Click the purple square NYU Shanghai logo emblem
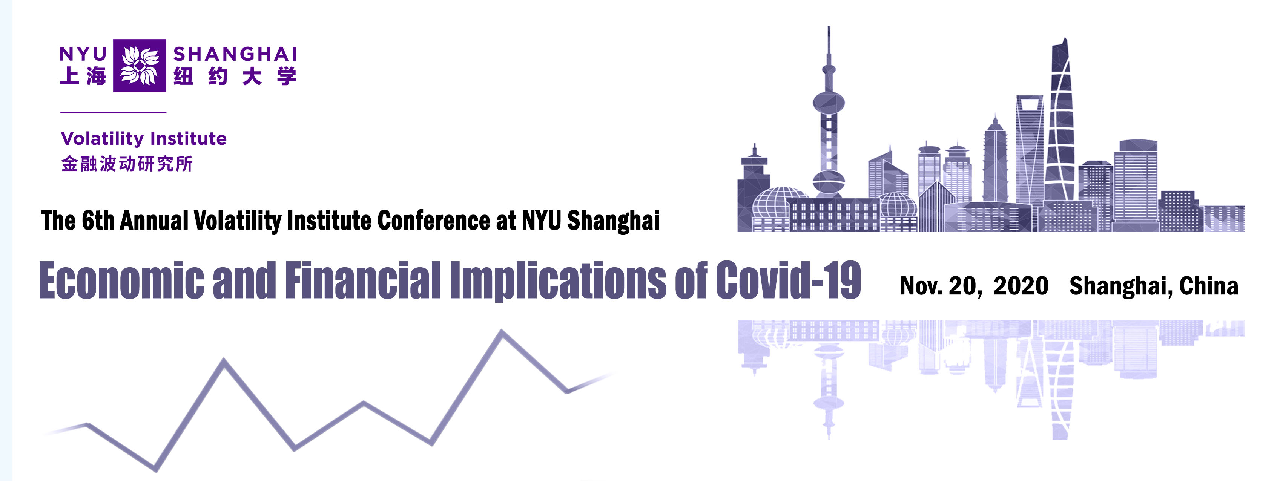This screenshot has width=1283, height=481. click(140, 66)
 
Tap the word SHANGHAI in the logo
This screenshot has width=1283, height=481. click(235, 54)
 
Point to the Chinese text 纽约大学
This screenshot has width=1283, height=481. click(235, 77)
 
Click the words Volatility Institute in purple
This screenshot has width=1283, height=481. click(143, 138)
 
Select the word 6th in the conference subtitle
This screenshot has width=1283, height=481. click(98, 221)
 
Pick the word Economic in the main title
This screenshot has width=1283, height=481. click(121, 280)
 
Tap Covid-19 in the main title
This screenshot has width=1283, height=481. click(789, 280)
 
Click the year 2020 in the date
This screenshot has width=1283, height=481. click(1021, 286)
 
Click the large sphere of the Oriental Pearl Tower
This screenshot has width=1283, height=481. click(829, 104)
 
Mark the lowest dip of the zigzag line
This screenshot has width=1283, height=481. click(155, 469)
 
